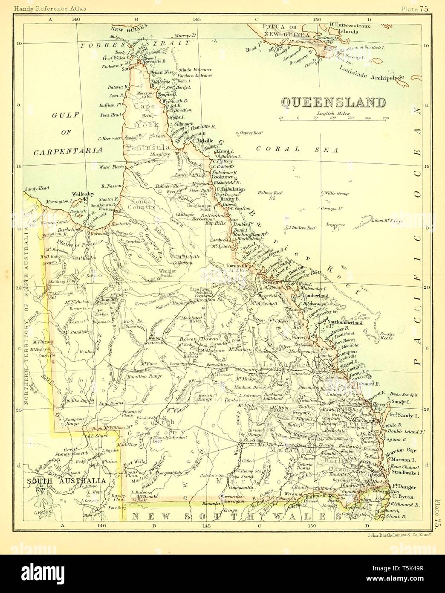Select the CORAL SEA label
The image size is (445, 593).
pos(297,149)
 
